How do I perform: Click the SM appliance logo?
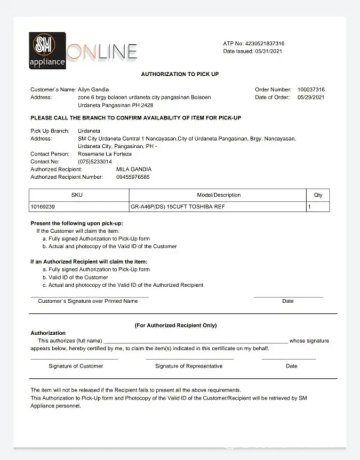tap(47, 51)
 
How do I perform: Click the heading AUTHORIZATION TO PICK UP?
tap(180, 74)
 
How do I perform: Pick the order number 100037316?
tap(311, 90)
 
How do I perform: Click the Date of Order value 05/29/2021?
tap(311, 97)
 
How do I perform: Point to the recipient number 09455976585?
tap(133, 177)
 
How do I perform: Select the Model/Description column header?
tap(218, 195)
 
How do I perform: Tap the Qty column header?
tap(318, 195)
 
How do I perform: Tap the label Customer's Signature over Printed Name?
tap(87, 301)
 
